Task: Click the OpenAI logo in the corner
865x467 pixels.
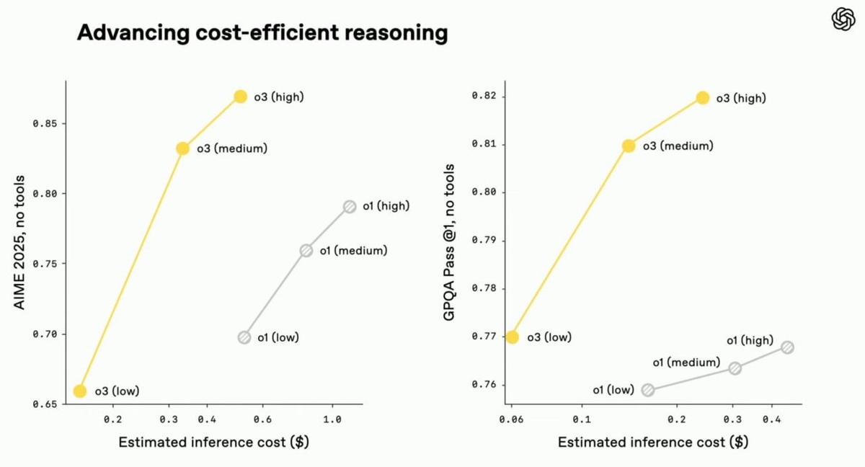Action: (x=843, y=19)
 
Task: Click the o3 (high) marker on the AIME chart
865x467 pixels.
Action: (x=240, y=97)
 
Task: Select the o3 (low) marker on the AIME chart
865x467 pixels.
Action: (x=80, y=391)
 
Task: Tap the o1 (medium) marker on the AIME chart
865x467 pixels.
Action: (x=306, y=251)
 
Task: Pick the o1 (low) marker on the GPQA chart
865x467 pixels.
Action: (x=647, y=390)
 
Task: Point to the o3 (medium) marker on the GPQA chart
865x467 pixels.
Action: (x=629, y=146)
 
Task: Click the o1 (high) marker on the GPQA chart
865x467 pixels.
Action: (x=787, y=347)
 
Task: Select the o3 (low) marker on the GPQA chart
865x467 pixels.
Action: (x=513, y=337)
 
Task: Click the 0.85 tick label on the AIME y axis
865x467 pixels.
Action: (x=45, y=124)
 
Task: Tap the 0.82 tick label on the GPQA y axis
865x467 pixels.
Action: (x=484, y=97)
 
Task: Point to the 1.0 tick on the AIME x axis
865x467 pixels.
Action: (x=332, y=419)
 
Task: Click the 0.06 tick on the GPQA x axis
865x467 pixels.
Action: (x=511, y=419)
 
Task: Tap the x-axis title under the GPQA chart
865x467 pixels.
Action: (x=652, y=442)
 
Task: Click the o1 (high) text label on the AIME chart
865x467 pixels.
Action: (x=386, y=206)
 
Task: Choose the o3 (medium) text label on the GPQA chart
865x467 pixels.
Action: (x=678, y=146)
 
